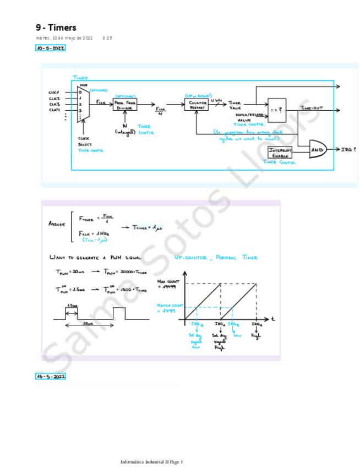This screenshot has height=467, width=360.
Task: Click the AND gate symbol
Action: pyautogui.click(x=318, y=149)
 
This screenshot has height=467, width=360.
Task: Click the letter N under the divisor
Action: pyautogui.click(x=125, y=125)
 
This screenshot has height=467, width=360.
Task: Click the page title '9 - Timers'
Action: pyautogui.click(x=56, y=27)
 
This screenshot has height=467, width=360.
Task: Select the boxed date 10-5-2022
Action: pyautogui.click(x=50, y=48)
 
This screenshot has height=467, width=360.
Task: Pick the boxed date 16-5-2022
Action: pyautogui.click(x=50, y=377)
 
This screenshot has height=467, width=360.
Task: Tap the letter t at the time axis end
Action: pyautogui.click(x=272, y=318)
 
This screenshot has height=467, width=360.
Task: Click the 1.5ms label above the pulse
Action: pyautogui.click(x=71, y=306)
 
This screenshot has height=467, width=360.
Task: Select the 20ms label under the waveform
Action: pyautogui.click(x=89, y=324)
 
